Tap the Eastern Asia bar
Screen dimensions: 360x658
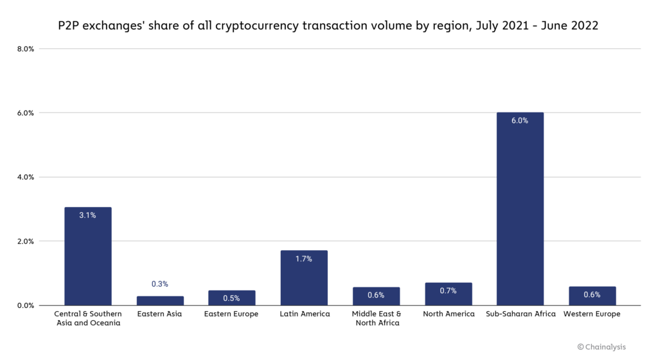click(160, 301)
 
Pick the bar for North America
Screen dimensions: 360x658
click(448, 294)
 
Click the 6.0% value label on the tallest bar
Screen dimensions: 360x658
click(520, 121)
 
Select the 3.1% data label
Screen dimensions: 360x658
click(87, 215)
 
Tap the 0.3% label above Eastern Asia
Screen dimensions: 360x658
click(160, 284)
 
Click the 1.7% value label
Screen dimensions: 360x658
click(304, 259)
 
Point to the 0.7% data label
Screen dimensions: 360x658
click(448, 291)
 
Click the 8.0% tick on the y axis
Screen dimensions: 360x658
click(25, 49)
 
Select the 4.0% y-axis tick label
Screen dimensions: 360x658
click(25, 177)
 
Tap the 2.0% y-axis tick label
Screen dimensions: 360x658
click(25, 242)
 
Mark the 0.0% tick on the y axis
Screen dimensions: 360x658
click(25, 306)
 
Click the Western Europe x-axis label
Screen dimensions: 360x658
click(592, 314)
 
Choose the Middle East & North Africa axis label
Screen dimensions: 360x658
click(376, 318)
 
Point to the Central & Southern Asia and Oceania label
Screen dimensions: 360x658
click(88, 318)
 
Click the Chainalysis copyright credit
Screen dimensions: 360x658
click(602, 346)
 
